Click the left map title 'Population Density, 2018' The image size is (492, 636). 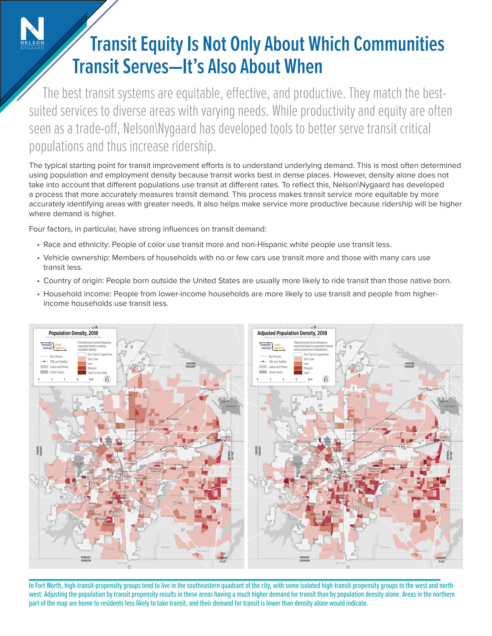[x=73, y=333]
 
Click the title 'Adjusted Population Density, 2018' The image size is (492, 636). [x=292, y=333]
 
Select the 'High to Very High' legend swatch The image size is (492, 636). [x=82, y=373]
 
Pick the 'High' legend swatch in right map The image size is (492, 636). [x=298, y=373]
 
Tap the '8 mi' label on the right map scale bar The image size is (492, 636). [x=310, y=379]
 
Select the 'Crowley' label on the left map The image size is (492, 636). [x=110, y=549]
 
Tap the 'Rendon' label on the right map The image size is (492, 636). [x=385, y=547]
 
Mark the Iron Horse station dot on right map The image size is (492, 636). [x=370, y=429]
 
